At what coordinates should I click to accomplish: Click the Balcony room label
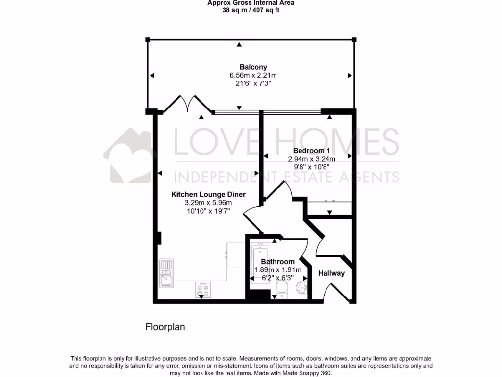pyautogui.click(x=253, y=67)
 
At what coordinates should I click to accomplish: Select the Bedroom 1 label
pyautogui.click(x=311, y=151)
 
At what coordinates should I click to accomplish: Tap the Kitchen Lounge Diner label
pyautogui.click(x=208, y=194)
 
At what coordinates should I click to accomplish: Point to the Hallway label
pyautogui.click(x=331, y=273)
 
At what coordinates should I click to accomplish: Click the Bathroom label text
pyautogui.click(x=277, y=262)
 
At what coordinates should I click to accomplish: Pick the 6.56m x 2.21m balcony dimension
pyautogui.click(x=253, y=76)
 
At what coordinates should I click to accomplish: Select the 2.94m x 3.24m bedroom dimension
pyautogui.click(x=311, y=159)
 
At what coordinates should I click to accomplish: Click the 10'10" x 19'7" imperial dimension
pyautogui.click(x=208, y=211)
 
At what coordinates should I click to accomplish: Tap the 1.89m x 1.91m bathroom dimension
pyautogui.click(x=277, y=269)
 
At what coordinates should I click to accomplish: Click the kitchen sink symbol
pyautogui.click(x=166, y=273)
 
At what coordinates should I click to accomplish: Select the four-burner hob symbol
pyautogui.click(x=202, y=290)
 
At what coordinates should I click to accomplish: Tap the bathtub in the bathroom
pyautogui.click(x=258, y=263)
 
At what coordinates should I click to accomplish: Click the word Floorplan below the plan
pyautogui.click(x=165, y=327)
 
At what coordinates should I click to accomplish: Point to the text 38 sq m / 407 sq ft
pyautogui.click(x=251, y=10)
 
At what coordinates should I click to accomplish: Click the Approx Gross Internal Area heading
pyautogui.click(x=251, y=2)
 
